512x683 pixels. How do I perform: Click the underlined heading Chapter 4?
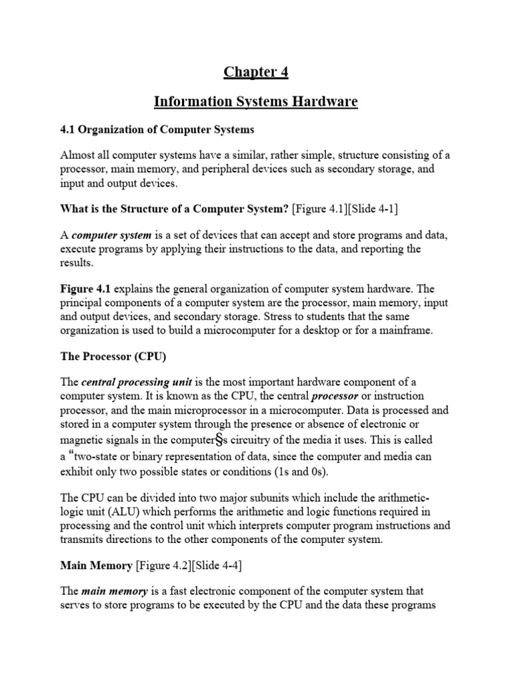[256, 72]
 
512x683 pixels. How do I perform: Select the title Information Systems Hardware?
[256, 101]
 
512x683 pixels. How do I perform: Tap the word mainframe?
[406, 329]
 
